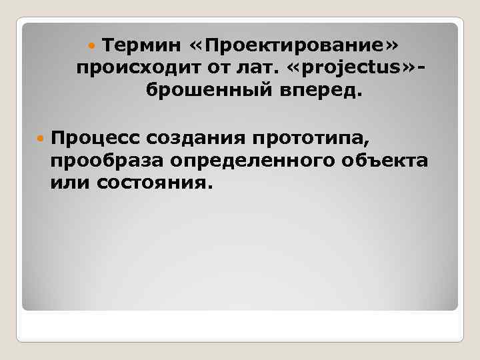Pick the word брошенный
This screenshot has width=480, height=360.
click(x=205, y=89)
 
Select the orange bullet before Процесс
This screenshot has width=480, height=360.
click(x=39, y=139)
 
